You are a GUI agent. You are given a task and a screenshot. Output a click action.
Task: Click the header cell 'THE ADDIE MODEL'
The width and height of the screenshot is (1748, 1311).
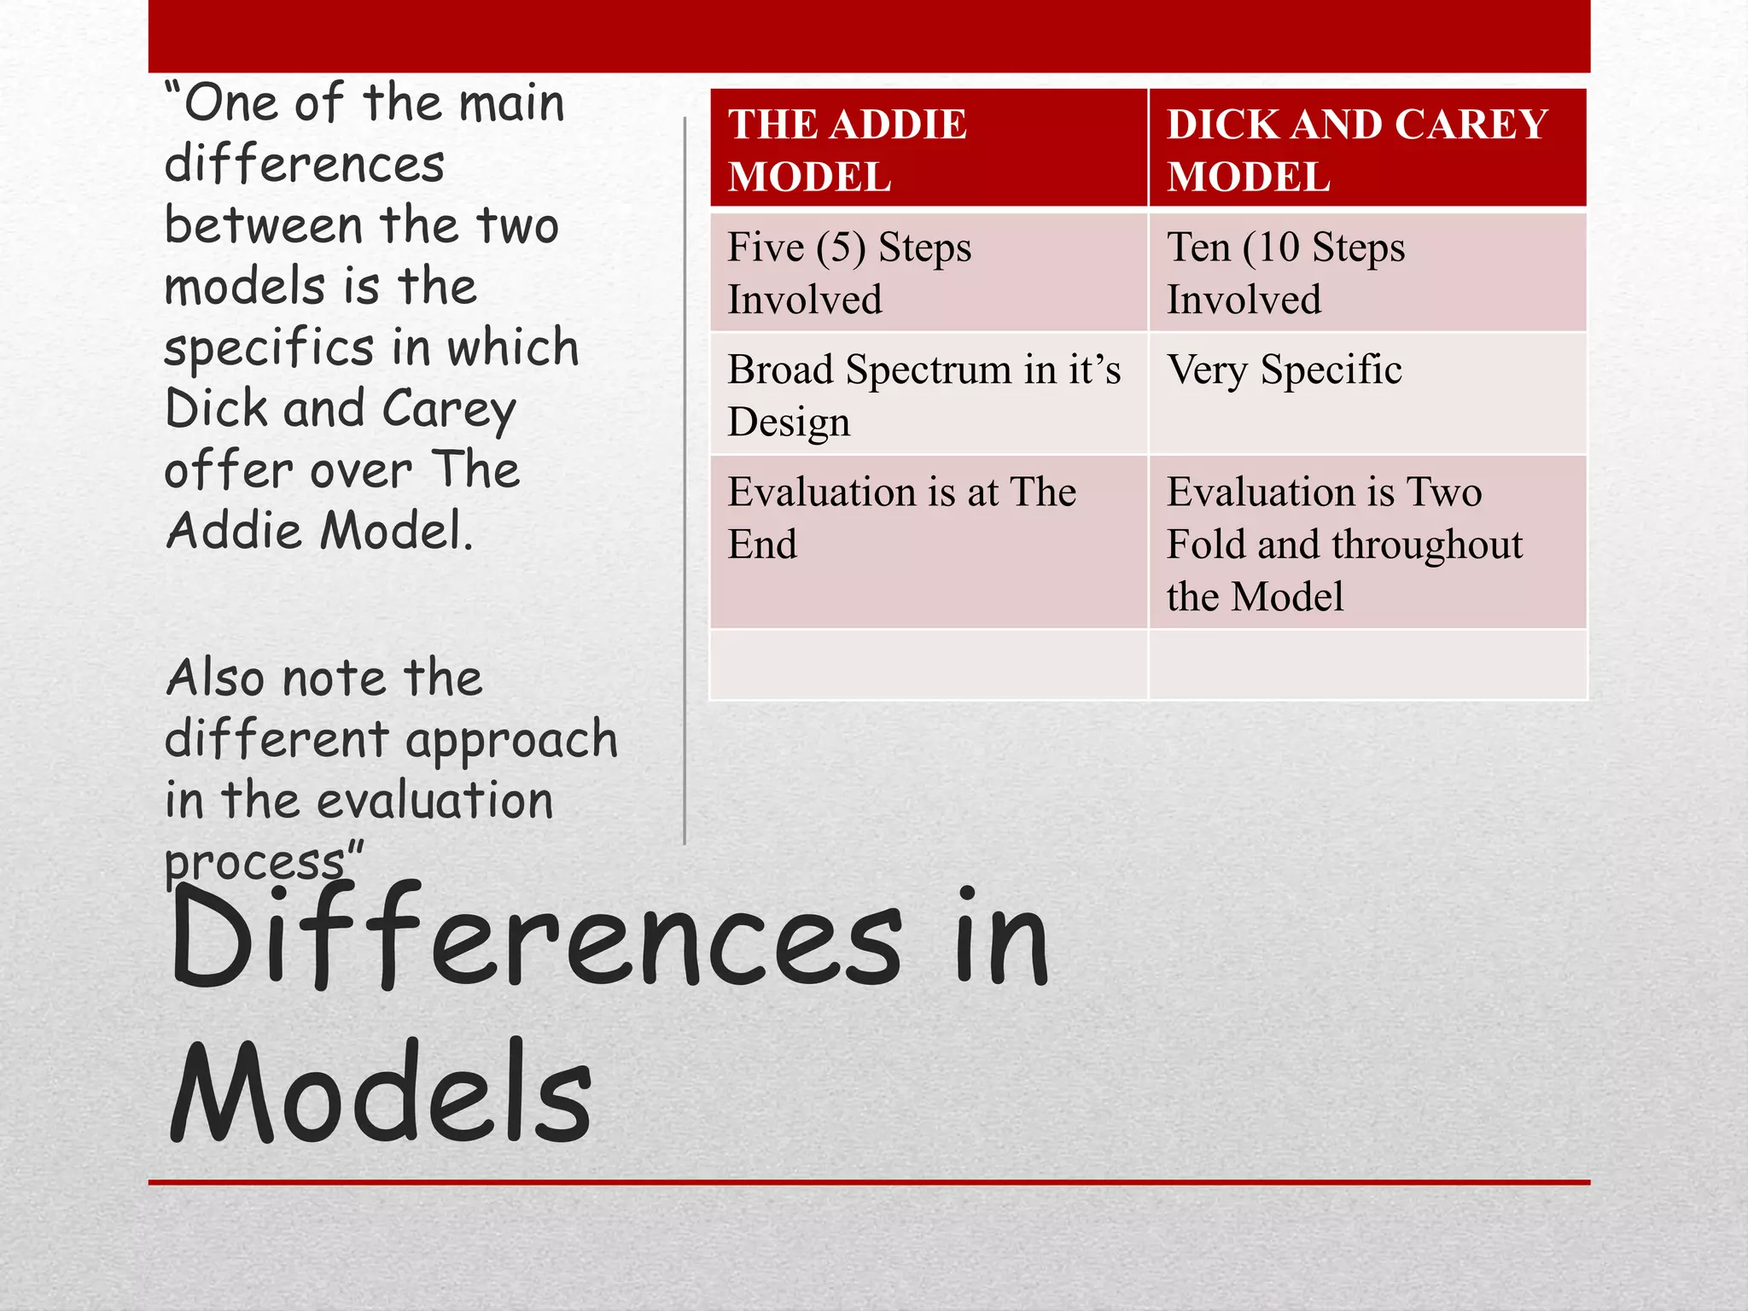click(929, 149)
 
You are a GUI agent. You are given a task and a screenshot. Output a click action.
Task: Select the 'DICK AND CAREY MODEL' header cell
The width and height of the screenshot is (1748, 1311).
click(1367, 149)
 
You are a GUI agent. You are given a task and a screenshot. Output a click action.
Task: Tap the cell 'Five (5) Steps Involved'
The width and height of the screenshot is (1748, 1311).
click(929, 273)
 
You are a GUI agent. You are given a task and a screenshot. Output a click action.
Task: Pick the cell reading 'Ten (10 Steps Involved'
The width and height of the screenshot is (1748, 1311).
click(1367, 273)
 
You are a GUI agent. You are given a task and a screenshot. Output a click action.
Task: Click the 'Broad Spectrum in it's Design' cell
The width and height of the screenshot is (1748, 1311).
click(929, 394)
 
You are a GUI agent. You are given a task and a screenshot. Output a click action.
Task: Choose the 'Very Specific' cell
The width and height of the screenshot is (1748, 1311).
click(1367, 394)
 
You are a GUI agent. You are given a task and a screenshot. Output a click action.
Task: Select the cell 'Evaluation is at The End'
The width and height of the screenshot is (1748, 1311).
click(929, 543)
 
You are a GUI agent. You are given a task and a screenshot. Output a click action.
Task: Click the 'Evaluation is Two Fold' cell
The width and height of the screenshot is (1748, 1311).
click(1367, 543)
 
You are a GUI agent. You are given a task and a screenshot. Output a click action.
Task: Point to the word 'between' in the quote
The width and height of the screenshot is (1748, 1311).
click(264, 227)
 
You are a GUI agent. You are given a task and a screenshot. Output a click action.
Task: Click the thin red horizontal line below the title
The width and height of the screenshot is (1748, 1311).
click(869, 1182)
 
